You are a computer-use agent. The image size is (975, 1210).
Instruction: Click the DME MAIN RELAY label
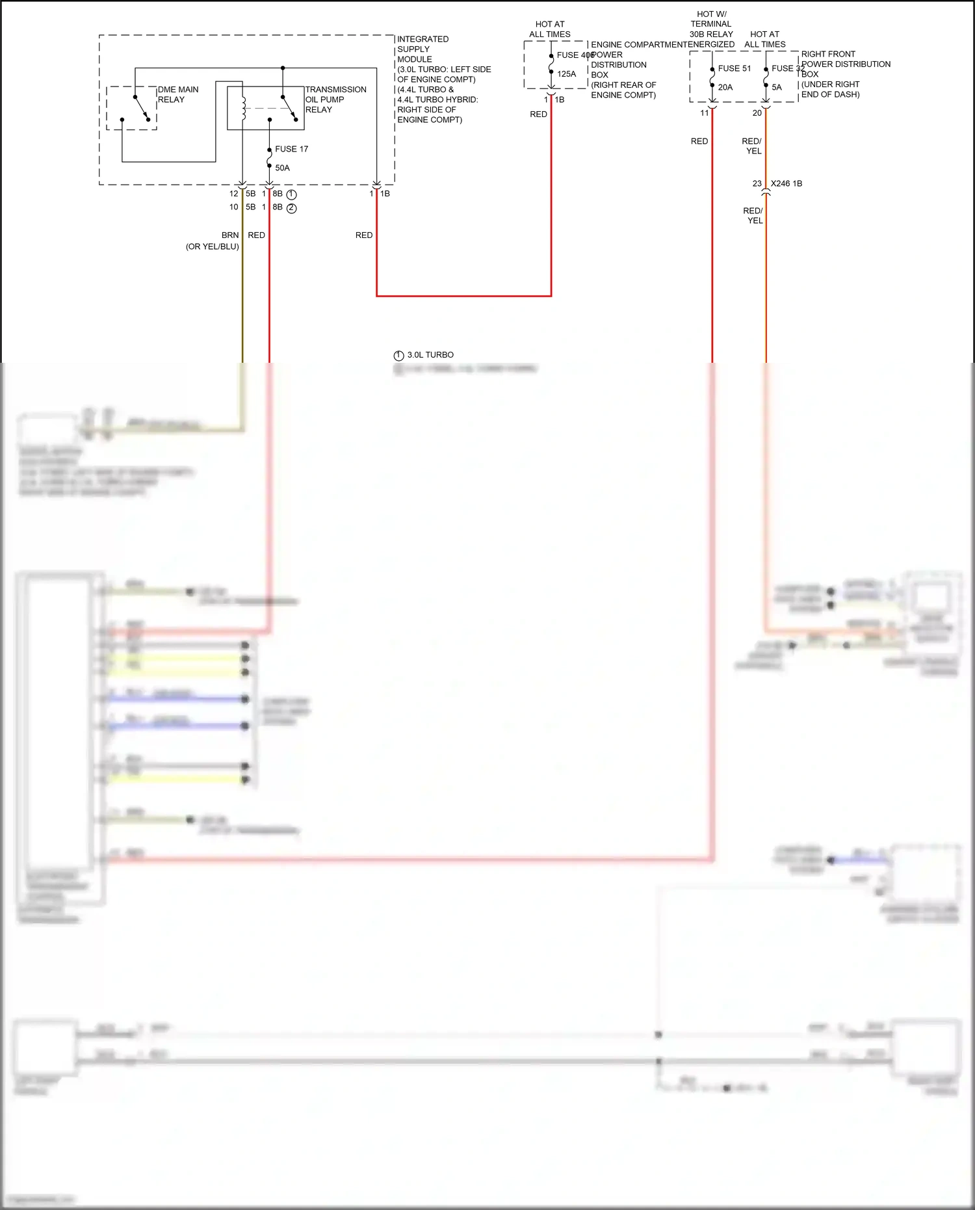(x=177, y=95)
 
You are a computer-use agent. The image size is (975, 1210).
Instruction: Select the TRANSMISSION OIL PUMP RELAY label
(x=335, y=99)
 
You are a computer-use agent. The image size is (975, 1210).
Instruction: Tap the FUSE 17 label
(x=291, y=149)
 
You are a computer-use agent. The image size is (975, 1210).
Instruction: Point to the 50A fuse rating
(x=282, y=168)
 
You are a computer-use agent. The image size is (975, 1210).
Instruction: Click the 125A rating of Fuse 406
(x=566, y=74)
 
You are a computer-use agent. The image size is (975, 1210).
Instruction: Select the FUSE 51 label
(x=734, y=68)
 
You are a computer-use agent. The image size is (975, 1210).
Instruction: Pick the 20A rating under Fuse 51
(x=725, y=87)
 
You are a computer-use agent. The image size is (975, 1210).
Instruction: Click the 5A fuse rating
(x=776, y=87)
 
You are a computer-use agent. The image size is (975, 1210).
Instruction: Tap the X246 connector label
(x=786, y=183)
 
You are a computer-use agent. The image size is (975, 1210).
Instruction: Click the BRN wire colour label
(x=230, y=235)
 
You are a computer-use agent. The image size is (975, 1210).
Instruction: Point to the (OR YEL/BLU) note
(x=212, y=246)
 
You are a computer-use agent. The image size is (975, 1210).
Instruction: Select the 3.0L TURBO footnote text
(x=430, y=355)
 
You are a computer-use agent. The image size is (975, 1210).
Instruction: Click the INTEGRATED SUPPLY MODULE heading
(x=422, y=49)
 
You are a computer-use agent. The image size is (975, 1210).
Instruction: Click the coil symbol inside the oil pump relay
(x=244, y=109)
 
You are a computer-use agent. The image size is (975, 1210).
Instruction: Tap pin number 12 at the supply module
(x=233, y=194)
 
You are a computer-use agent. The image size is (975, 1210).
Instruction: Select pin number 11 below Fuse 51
(x=704, y=113)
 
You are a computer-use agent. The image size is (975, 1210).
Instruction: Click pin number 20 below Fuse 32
(x=757, y=113)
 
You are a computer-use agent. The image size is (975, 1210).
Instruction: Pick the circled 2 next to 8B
(x=291, y=208)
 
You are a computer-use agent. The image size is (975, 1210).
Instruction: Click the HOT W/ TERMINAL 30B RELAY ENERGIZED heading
(x=711, y=29)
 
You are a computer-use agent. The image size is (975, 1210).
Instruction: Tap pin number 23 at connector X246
(x=757, y=183)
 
